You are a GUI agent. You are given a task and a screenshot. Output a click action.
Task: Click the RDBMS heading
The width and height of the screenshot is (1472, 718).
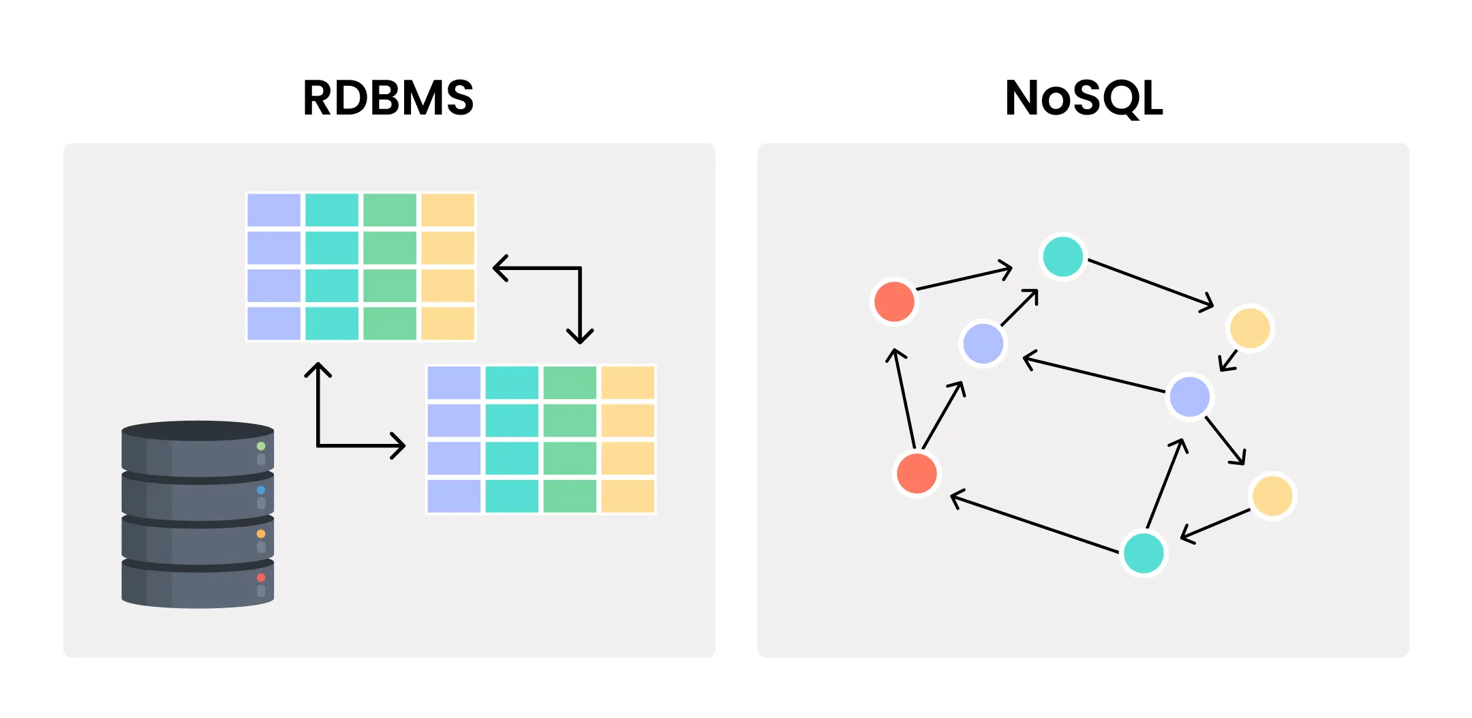coord(388,98)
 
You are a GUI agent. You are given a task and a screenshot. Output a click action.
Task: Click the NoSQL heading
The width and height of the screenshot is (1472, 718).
coord(1083,98)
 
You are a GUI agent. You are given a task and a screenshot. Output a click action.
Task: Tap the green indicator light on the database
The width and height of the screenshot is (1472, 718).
coord(261,446)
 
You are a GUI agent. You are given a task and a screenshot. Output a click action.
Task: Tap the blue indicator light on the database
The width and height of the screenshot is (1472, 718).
coord(261,490)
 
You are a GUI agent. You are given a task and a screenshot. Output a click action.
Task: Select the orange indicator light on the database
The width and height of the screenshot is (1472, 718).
coord(261,534)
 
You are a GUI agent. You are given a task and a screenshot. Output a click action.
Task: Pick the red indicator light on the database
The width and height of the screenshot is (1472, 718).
coord(261,578)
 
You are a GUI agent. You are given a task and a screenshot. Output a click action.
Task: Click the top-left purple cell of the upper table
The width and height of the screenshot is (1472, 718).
coord(274,210)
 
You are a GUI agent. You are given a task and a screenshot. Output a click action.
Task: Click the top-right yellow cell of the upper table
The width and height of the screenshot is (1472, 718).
coord(448,210)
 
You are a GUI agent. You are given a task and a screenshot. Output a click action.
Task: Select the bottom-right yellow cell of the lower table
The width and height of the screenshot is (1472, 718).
coord(628,496)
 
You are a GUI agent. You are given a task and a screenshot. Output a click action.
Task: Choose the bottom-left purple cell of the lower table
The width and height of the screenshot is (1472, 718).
coord(454,496)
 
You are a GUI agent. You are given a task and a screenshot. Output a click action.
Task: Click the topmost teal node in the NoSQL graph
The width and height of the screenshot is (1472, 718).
coord(1062,256)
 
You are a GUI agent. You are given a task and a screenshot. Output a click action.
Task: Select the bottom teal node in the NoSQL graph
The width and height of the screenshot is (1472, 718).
coord(1144,553)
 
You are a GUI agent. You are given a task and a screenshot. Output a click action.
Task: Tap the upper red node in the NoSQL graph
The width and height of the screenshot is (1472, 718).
coord(894,301)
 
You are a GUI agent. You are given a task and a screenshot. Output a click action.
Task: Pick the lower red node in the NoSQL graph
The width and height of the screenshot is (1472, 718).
coord(917,473)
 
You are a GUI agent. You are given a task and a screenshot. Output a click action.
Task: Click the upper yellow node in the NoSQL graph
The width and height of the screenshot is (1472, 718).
coord(1250,328)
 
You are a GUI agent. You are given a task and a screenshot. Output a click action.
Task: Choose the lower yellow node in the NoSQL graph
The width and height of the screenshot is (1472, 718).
coord(1272,496)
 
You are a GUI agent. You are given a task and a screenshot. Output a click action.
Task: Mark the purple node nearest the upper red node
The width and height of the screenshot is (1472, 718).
coord(983,343)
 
